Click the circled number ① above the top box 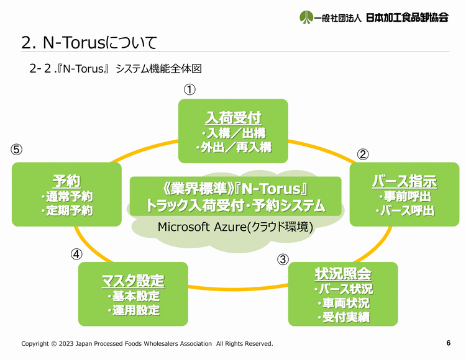coord(190,89)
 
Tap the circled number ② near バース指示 coord(363,155)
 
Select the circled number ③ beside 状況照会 coord(283,259)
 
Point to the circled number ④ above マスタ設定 coord(76,254)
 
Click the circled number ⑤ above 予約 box coord(17,150)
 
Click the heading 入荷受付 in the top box coord(233,118)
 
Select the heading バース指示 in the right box coord(404,181)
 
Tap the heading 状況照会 coord(343,274)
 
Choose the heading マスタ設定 coord(133,281)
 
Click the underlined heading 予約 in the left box coord(66,181)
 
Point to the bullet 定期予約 coord(67,210)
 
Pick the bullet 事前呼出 coord(404,196)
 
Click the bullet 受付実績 coord(344,317)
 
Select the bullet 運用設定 coord(134,310)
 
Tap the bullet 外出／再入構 coord(234,147)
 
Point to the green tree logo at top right coord(306,17)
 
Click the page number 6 coord(449,343)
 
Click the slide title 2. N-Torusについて coord(89,42)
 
